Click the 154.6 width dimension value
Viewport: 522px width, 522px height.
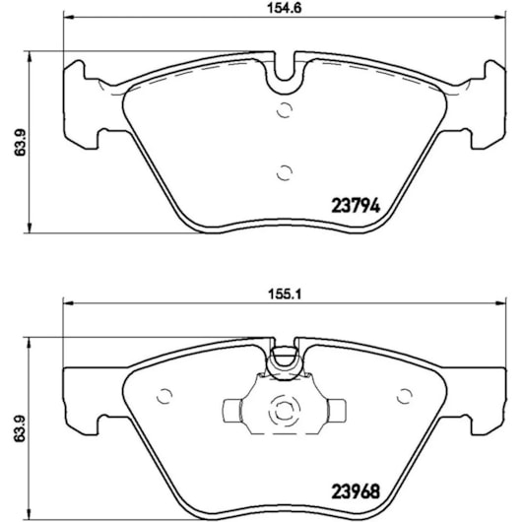(285, 8)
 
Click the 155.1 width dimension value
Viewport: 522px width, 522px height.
(285, 294)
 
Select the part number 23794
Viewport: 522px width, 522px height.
(356, 207)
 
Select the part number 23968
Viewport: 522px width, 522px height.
(356, 491)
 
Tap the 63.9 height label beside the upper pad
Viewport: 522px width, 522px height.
(21, 142)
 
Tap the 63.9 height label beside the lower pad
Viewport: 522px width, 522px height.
(21, 428)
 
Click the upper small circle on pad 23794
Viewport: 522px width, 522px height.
(285, 110)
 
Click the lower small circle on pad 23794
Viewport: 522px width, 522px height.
(285, 172)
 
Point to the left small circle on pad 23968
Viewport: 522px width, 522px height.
(164, 396)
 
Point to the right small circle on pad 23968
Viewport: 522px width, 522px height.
(405, 396)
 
